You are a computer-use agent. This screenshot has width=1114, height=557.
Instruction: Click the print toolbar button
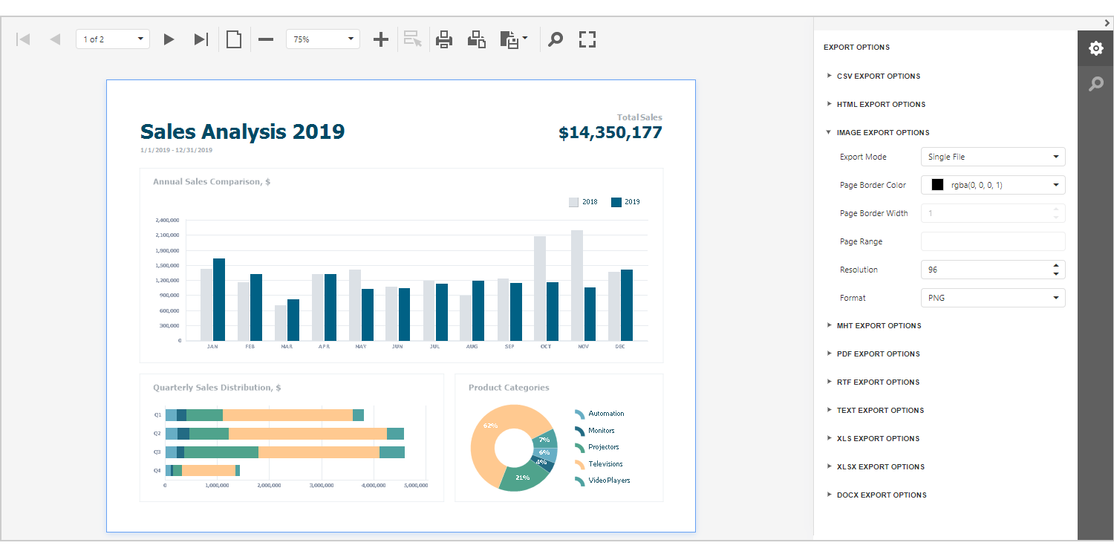(444, 39)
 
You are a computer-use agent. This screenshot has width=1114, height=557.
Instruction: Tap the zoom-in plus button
(380, 39)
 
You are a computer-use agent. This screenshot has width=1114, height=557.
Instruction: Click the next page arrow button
(169, 39)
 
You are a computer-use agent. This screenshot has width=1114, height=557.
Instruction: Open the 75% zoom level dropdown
(322, 39)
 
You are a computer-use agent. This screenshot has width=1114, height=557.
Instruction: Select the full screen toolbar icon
(587, 39)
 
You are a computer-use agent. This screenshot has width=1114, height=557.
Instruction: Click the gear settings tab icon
(1095, 49)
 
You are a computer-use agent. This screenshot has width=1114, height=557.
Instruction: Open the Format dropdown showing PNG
(992, 298)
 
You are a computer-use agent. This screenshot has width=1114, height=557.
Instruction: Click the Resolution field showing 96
(985, 270)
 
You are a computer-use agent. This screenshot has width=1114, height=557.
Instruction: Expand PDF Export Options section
(878, 354)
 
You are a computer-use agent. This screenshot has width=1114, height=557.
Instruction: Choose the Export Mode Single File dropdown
(992, 157)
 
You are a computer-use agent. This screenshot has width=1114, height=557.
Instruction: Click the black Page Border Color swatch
(937, 185)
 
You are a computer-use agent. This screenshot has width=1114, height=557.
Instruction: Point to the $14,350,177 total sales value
(610, 133)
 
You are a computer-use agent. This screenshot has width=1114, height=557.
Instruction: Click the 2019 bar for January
(219, 299)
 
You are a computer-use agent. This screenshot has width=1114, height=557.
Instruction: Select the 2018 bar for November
(577, 285)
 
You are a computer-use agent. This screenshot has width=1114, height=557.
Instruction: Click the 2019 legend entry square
(616, 202)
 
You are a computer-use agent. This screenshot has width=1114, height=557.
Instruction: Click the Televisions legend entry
(605, 464)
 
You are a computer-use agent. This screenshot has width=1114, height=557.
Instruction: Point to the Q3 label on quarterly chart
(157, 452)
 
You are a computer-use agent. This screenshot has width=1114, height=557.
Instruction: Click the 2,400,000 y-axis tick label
(168, 221)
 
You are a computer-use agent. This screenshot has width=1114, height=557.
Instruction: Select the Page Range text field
(992, 241)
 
